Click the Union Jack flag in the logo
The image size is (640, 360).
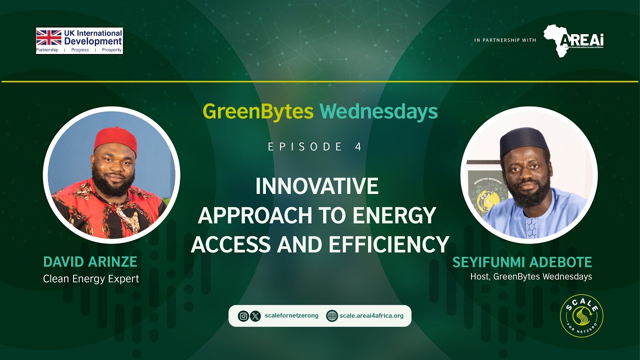pos(49,37)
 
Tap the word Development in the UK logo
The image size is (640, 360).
pos(93,41)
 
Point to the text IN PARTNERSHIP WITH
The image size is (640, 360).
pos(505,40)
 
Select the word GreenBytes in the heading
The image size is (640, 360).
pos(258,111)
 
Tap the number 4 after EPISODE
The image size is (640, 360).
pos(358,147)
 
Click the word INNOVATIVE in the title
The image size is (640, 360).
pos(317,186)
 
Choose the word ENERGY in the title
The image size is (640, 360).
pos(400,215)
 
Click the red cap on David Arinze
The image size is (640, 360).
pos(115,138)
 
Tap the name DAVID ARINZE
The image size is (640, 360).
pos(90,261)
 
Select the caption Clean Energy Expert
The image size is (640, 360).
pos(91,279)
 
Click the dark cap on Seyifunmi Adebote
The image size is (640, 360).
pos(524,139)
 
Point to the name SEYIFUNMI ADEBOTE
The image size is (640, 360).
pos(522,262)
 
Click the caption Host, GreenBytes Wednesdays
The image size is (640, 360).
pos(531,276)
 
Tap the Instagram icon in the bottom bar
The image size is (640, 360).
pos(243,316)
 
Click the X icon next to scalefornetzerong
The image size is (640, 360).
pos(255,316)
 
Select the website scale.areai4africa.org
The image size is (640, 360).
pos(371,316)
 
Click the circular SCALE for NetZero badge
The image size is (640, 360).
pos(581,315)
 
